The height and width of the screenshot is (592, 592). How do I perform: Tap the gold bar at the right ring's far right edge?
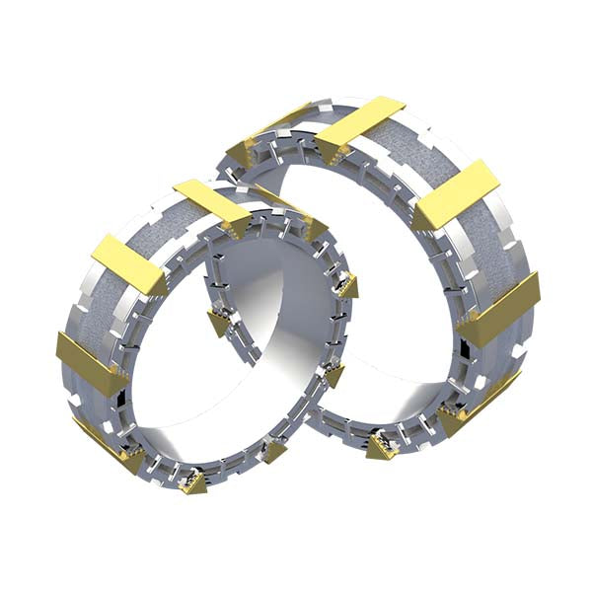pos(504,309)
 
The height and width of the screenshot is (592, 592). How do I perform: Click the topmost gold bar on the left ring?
pos(210,201)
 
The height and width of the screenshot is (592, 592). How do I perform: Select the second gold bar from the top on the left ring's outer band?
pos(127,264)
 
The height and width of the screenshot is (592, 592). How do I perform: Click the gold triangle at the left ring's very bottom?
pos(191,482)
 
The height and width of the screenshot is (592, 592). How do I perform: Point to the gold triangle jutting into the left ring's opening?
pos(217,322)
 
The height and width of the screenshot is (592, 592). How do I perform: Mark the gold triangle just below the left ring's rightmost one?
pos(333,375)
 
